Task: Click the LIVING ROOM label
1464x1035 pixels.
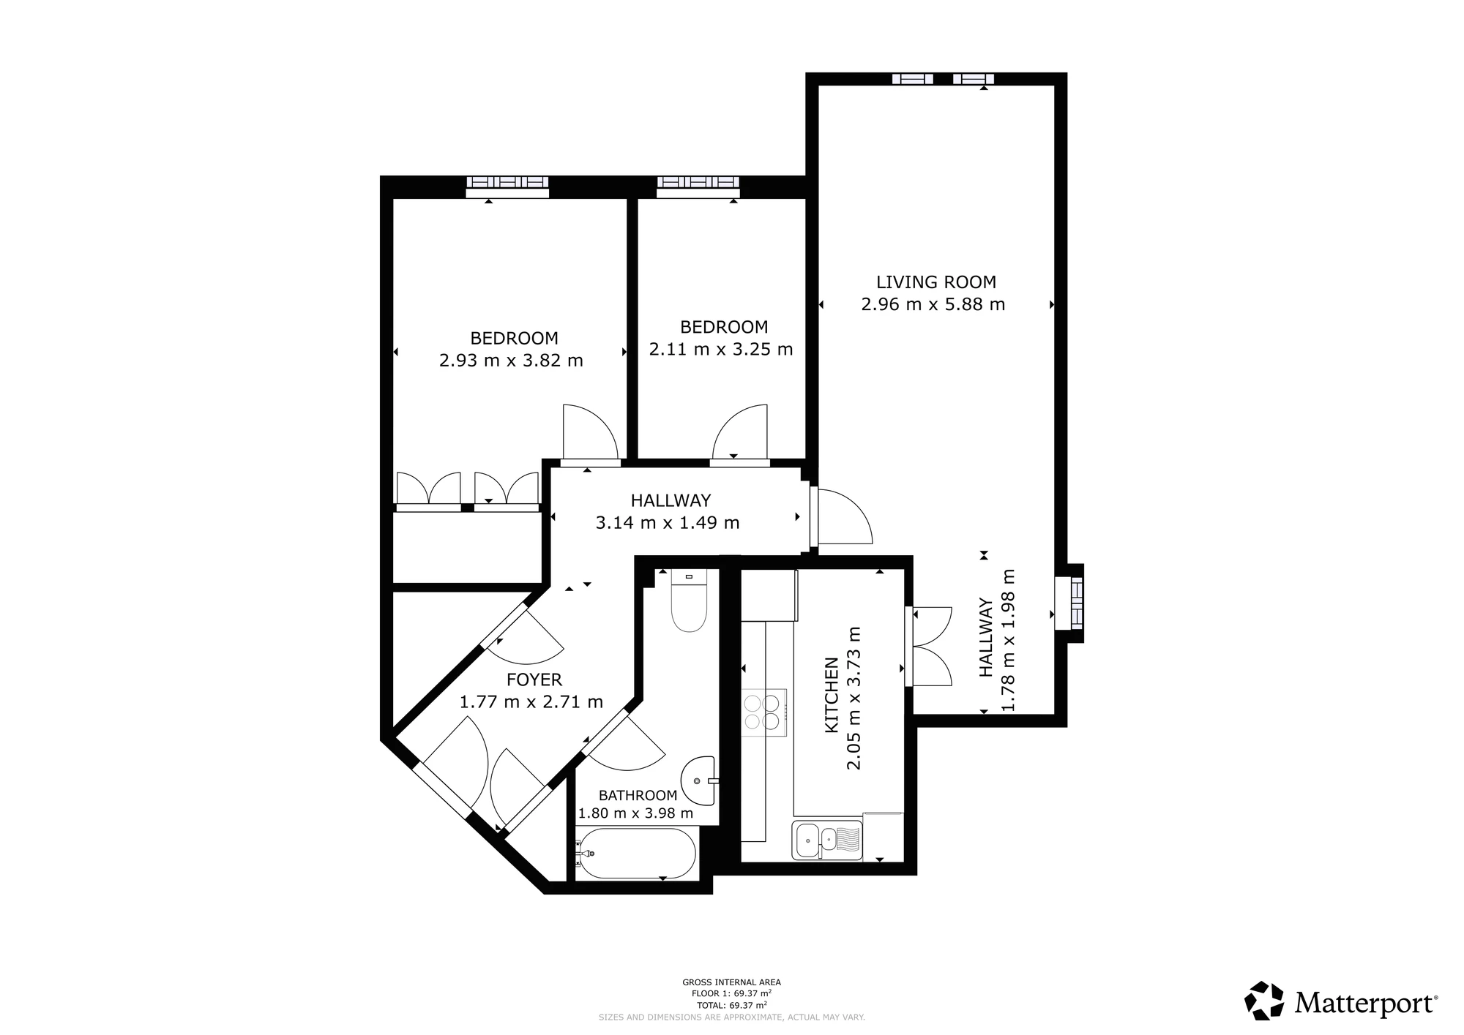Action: [x=936, y=282]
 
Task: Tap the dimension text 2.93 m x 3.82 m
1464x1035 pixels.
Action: [x=511, y=361]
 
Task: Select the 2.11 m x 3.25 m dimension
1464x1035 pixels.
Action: [x=721, y=350]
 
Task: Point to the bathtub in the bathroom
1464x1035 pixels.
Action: [x=635, y=854]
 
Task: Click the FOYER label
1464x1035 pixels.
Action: [x=534, y=680]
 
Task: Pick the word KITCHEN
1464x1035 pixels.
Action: [x=832, y=695]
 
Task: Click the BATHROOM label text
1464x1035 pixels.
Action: [x=638, y=796]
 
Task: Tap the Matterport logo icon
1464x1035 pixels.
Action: [x=1264, y=1000]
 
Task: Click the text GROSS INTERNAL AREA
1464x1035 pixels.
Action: [x=732, y=982]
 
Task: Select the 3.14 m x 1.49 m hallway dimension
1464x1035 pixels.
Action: [x=668, y=523]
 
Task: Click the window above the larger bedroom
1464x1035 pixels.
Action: [x=508, y=187]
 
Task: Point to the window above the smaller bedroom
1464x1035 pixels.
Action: [x=698, y=187]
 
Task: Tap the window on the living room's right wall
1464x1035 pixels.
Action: [x=1069, y=603]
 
